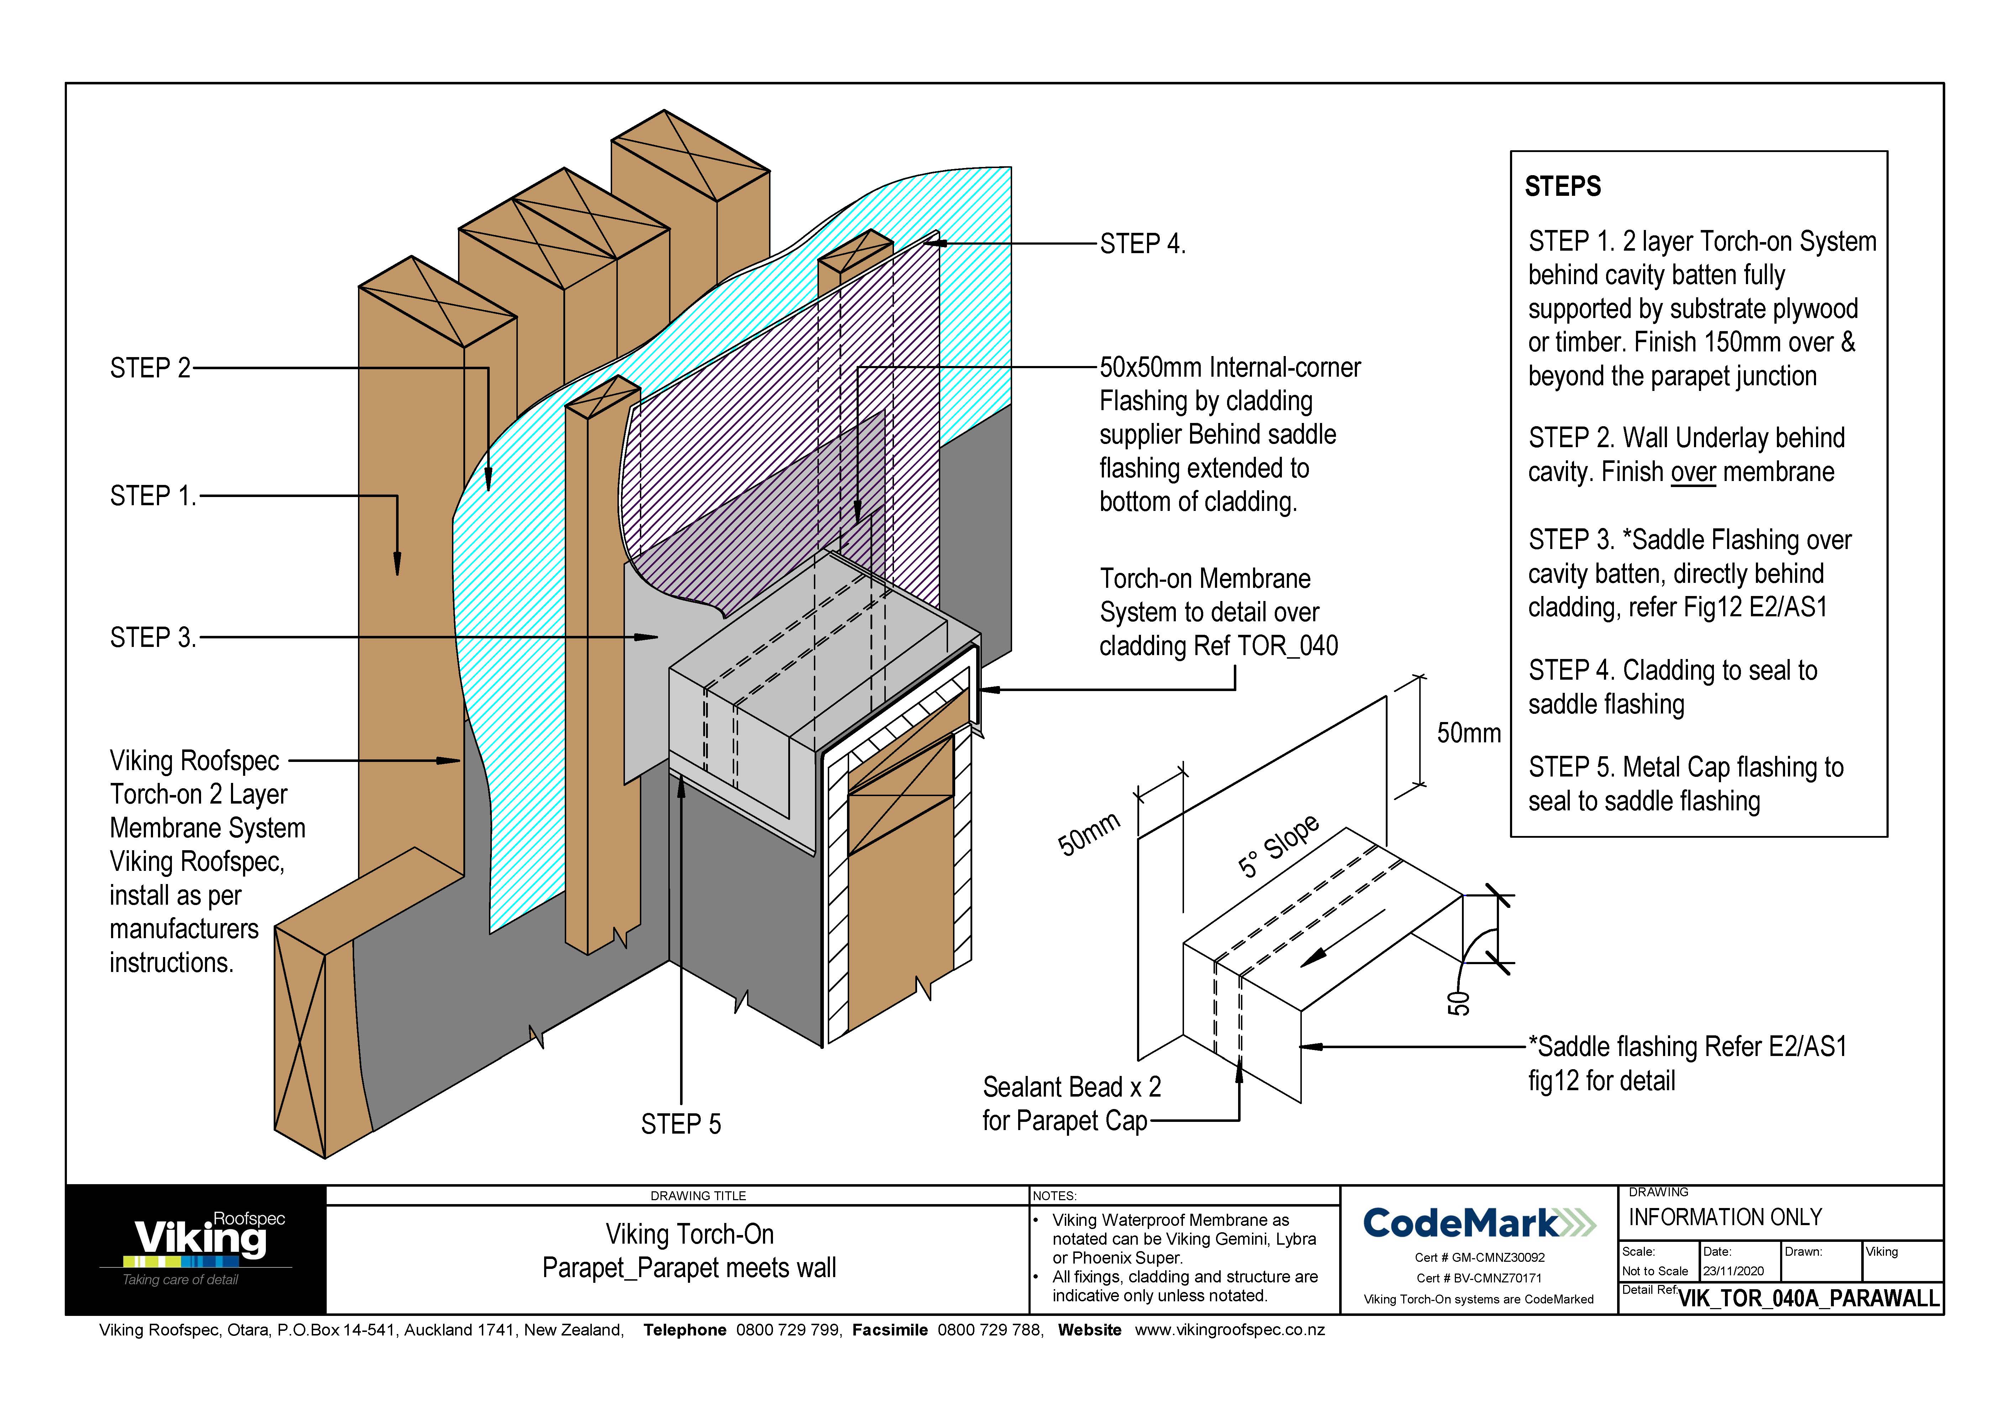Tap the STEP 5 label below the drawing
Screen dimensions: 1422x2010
point(680,1124)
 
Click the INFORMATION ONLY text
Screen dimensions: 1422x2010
point(1725,1217)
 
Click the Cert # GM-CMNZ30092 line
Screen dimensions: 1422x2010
point(1479,1258)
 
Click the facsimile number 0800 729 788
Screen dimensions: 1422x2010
point(989,1330)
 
